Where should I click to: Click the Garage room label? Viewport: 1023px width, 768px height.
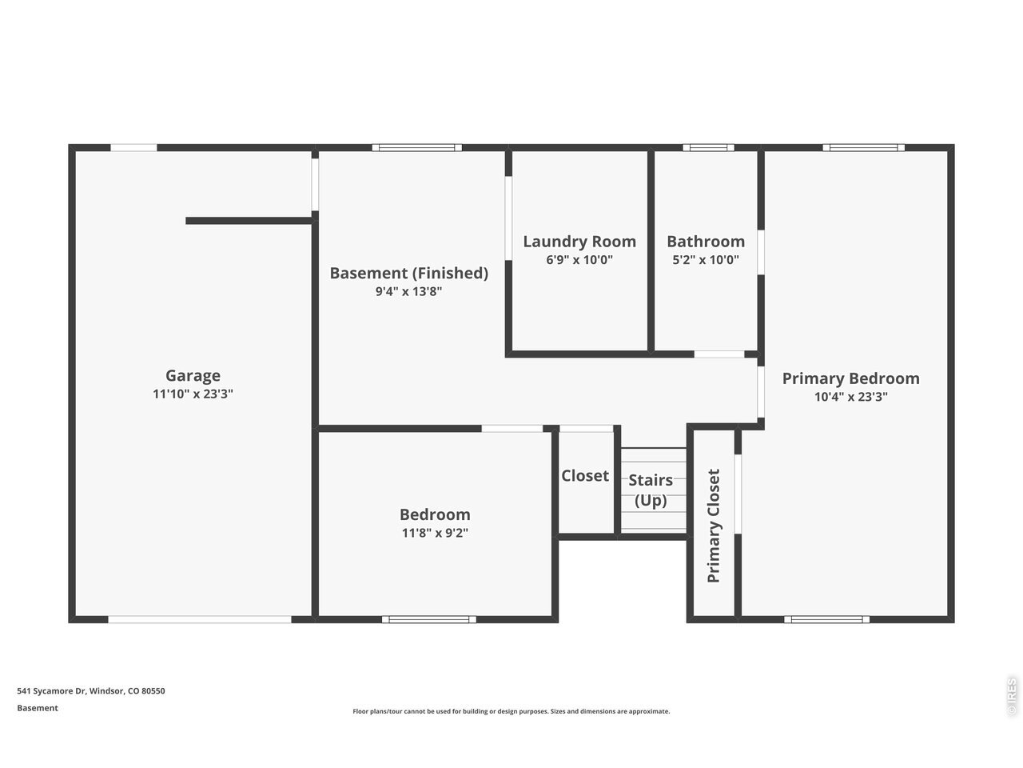click(193, 375)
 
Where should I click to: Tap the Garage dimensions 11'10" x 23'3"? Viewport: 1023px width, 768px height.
click(193, 394)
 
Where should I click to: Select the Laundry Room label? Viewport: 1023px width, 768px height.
click(579, 242)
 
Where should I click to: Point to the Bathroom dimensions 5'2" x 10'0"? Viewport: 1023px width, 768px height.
click(706, 260)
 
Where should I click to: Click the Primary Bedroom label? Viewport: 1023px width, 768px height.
click(851, 378)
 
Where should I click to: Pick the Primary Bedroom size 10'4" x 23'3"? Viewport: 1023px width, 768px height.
click(851, 397)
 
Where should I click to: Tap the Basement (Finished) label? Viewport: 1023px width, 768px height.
click(408, 274)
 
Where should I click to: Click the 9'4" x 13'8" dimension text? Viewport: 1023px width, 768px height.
click(408, 291)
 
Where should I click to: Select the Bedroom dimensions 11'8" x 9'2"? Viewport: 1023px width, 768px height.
click(435, 533)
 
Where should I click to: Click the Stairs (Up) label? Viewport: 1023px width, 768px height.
click(651, 490)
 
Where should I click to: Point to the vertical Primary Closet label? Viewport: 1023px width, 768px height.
click(714, 526)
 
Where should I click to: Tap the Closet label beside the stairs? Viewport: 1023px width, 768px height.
click(585, 476)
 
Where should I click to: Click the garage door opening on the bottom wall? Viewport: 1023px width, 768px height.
click(200, 619)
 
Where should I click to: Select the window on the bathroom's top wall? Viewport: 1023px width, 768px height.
click(708, 148)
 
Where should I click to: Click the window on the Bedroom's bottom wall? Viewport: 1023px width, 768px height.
click(428, 619)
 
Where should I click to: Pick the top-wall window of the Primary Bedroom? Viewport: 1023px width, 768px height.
click(864, 148)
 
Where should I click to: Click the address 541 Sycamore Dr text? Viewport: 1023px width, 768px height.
click(51, 690)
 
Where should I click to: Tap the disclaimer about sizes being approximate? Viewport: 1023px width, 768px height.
click(511, 711)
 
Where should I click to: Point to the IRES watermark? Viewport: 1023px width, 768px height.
click(1012, 697)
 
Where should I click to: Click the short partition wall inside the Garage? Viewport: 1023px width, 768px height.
click(249, 221)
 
